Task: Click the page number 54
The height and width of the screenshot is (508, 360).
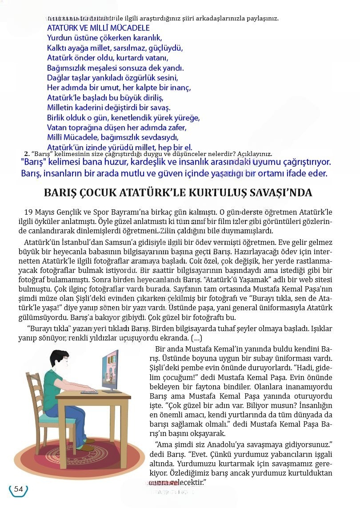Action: tap(18, 489)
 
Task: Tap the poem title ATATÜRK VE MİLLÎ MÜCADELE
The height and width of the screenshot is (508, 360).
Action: tap(98, 28)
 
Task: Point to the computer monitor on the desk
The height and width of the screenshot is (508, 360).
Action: tap(116, 369)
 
